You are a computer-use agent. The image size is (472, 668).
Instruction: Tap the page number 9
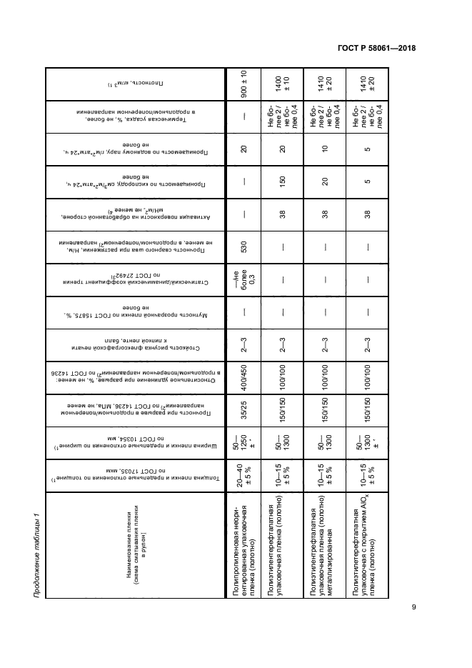(x=413, y=608)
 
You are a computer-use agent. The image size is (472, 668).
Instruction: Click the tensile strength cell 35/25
(x=242, y=416)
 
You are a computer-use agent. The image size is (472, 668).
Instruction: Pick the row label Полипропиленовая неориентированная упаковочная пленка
(x=242, y=558)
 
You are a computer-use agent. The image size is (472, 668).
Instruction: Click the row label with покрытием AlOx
(x=364, y=558)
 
